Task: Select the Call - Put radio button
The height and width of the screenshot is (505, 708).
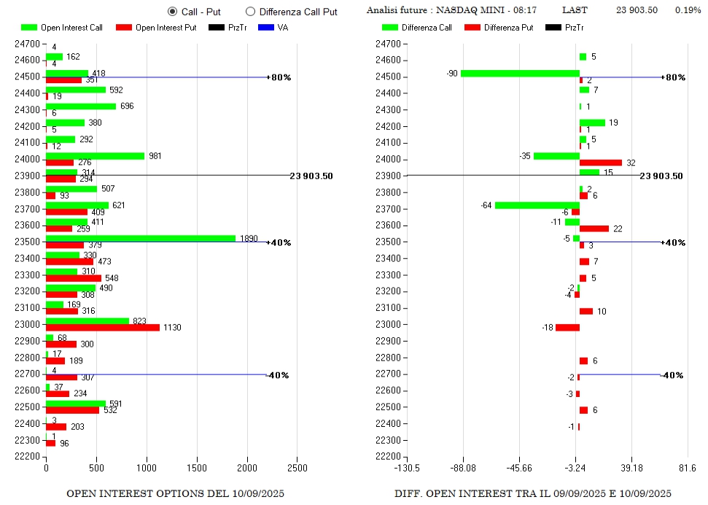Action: coord(172,12)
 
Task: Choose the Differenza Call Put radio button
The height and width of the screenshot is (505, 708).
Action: coord(250,12)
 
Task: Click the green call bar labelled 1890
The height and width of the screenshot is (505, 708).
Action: coord(141,238)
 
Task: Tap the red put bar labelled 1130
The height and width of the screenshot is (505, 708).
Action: coord(103,328)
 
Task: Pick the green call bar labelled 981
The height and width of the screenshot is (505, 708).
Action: coord(95,155)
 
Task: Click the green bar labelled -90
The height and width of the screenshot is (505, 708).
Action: coord(520,73)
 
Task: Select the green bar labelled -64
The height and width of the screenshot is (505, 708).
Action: coord(537,205)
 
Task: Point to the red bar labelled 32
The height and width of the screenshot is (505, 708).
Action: coord(601,163)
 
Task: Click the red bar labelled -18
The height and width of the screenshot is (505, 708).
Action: coord(567,328)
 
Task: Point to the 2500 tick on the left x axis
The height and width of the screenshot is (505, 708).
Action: coord(297,468)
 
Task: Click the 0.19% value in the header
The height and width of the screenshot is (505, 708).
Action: coord(688,10)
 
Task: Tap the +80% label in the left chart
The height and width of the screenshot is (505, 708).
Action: coord(281,77)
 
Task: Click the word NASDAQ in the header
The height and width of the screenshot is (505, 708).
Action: coord(456,10)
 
